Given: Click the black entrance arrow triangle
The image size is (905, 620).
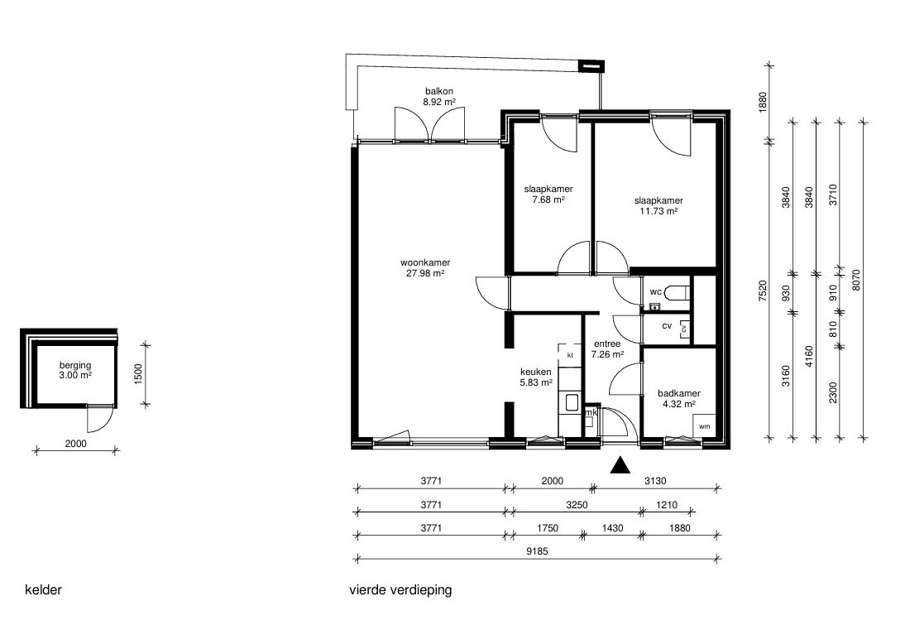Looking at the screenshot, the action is [x=620, y=465].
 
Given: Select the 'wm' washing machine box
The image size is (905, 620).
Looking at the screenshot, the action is [x=704, y=426].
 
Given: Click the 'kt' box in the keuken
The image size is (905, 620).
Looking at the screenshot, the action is [x=570, y=354].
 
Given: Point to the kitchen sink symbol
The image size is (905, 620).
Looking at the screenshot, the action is [x=572, y=401].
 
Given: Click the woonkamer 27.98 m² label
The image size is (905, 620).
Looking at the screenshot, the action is [x=425, y=268].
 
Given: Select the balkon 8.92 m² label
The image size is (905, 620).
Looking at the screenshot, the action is [x=439, y=96].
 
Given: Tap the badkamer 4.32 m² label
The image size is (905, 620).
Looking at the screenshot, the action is [x=678, y=399].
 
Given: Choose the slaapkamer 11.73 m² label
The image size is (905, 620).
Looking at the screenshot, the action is [x=658, y=206].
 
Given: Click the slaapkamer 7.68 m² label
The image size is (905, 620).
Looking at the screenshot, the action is [x=548, y=195].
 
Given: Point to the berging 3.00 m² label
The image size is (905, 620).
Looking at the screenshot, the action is [x=75, y=370].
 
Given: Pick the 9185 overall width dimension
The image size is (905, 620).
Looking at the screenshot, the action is [x=538, y=551].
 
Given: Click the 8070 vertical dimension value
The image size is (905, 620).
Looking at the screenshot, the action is [x=856, y=280].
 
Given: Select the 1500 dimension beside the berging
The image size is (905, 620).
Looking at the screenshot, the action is [x=137, y=376].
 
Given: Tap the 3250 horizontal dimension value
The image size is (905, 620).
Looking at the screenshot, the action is [x=577, y=505].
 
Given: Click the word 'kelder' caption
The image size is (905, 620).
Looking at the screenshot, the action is [x=43, y=590].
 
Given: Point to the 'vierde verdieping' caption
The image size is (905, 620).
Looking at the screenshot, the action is [x=400, y=590].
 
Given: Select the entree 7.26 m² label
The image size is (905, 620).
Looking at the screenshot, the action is [x=607, y=349].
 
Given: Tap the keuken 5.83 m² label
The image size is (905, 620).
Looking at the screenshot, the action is [x=536, y=377].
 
